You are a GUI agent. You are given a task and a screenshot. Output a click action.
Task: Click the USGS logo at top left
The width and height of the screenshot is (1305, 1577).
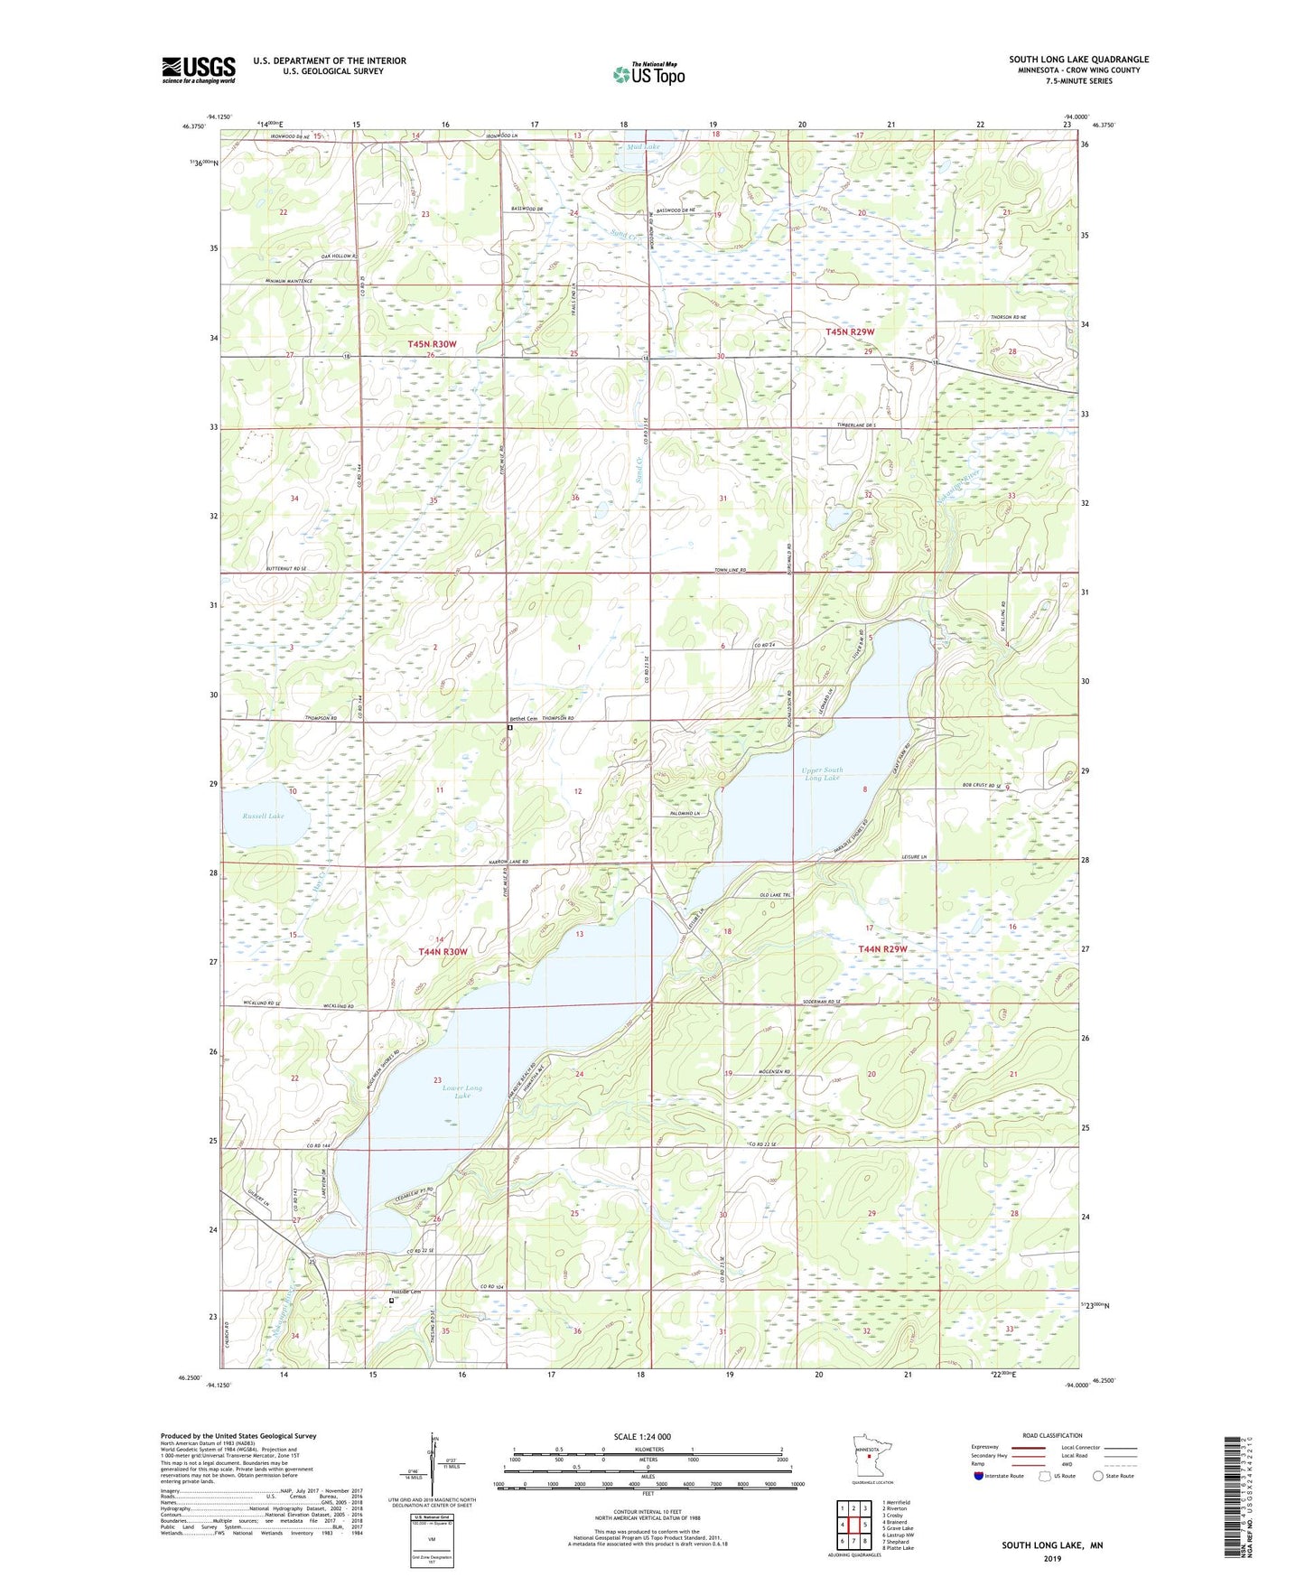[x=198, y=70]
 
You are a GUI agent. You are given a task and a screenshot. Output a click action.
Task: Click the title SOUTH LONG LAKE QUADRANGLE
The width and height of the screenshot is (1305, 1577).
[x=1078, y=60]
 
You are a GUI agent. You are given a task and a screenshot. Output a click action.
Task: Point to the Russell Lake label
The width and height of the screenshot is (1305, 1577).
[x=263, y=816]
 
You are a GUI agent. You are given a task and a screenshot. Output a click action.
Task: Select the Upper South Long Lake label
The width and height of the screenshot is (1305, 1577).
[x=821, y=774]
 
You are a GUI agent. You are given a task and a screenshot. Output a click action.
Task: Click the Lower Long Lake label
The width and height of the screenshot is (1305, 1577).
[x=462, y=1091]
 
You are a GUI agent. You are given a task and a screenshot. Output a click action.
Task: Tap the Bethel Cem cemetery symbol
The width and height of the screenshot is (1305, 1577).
[x=509, y=727]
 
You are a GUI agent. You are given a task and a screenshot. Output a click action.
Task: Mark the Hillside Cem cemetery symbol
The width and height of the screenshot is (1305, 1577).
[x=391, y=1301]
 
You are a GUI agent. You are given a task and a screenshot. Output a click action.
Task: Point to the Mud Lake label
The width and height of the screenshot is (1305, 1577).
[x=643, y=146]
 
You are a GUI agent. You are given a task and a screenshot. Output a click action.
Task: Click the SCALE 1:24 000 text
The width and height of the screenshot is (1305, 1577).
[x=642, y=1436]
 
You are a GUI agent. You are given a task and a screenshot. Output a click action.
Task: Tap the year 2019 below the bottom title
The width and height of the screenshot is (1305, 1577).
[x=1052, y=1558]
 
